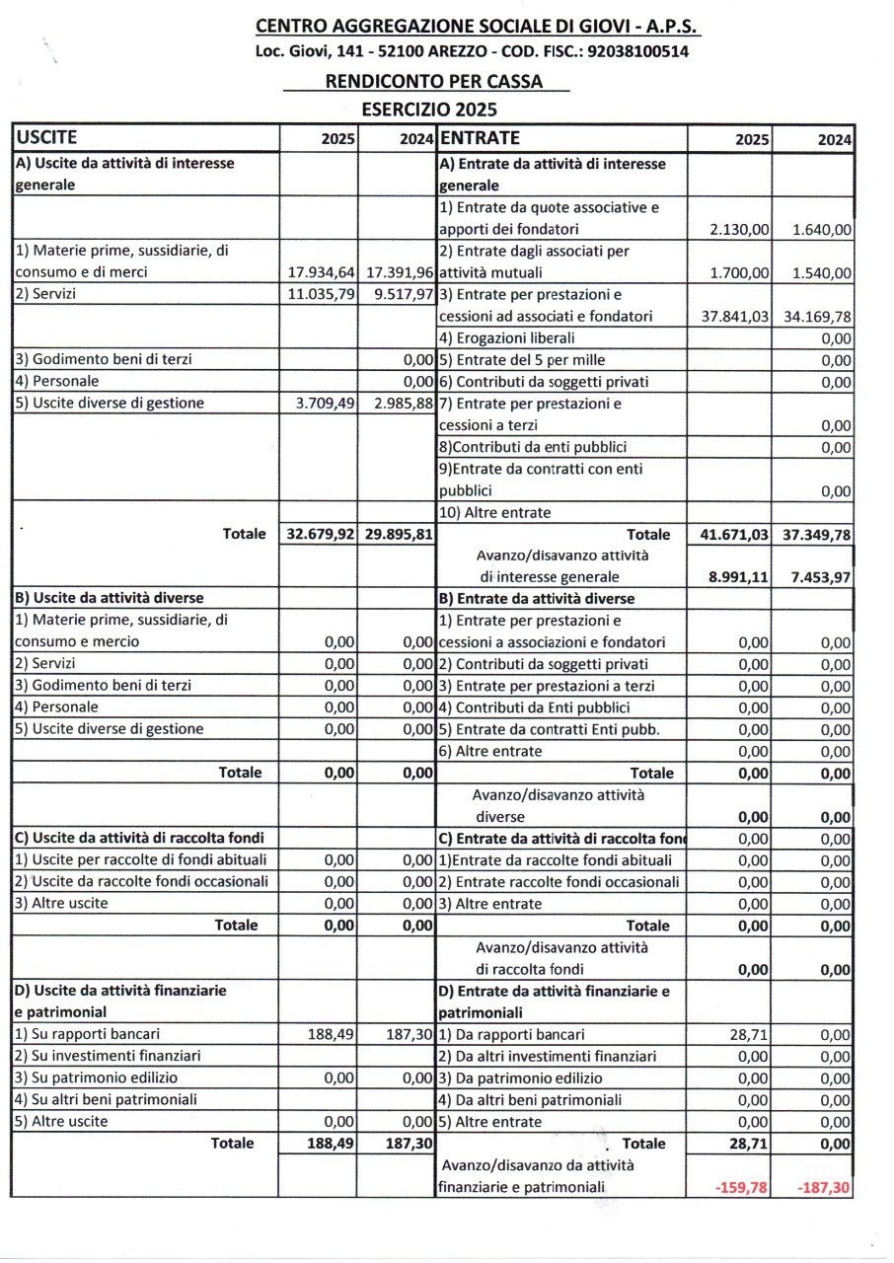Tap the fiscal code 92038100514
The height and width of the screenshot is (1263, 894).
pos(637,51)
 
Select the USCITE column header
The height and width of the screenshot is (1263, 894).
pos(47,138)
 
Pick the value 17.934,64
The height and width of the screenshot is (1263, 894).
pos(319,271)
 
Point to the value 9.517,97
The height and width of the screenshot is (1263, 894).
pos(398,294)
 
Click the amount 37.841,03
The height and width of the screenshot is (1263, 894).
pos(731,316)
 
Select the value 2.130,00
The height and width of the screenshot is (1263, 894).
pos(740,230)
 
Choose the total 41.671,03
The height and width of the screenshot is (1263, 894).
pos(730,534)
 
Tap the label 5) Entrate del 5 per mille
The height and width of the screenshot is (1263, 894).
pos(522,360)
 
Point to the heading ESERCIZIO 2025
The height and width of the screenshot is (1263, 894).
pos(429,109)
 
